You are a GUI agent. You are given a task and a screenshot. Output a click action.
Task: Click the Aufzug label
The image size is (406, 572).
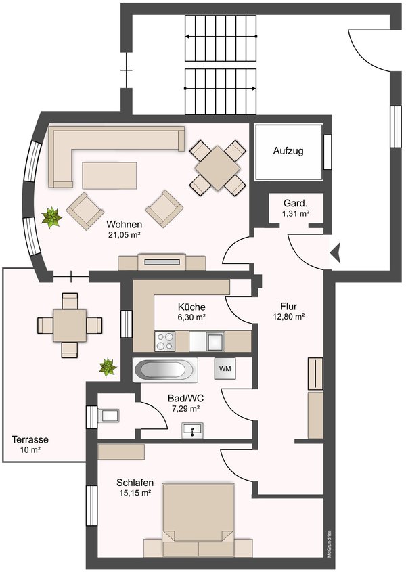click(288, 151)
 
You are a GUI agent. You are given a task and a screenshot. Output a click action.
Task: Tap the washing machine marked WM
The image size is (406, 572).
click(225, 368)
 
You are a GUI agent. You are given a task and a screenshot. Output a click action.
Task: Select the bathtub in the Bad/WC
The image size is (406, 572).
click(165, 370)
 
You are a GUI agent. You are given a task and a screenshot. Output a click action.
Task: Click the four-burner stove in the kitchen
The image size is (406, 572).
click(164, 341)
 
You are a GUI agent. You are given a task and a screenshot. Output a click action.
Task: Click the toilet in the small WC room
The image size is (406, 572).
click(108, 416)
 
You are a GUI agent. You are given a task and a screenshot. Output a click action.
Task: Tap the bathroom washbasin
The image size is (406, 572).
click(193, 431)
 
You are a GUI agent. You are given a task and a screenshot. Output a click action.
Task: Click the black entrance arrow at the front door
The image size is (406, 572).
click(335, 252)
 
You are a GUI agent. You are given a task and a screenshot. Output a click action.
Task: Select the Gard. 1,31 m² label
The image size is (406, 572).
click(296, 208)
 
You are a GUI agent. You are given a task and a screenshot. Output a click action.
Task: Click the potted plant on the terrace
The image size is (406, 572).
click(108, 368)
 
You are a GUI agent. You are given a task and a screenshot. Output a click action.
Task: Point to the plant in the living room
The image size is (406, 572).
click(52, 218)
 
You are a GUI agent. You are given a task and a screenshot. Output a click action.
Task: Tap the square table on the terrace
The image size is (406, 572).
click(70, 326)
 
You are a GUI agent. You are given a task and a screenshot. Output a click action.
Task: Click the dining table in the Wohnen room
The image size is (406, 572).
click(217, 168)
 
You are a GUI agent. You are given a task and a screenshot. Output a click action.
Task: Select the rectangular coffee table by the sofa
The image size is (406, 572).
click(110, 175)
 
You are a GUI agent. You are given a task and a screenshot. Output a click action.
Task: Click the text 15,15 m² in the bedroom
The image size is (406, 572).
click(135, 493)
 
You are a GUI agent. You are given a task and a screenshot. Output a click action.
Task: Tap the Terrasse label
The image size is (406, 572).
click(30, 439)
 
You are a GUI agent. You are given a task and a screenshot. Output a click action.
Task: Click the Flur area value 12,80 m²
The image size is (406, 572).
click(289, 317)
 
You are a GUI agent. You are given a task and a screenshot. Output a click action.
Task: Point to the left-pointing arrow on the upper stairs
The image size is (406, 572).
click(221, 37)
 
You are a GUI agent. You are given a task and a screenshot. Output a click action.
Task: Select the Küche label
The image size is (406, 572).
click(191, 307)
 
